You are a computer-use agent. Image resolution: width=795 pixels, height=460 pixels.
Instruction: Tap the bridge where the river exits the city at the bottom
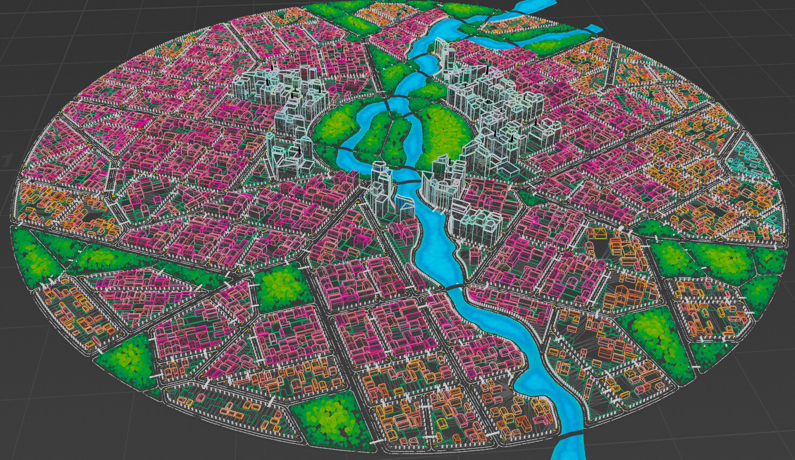click(572, 432)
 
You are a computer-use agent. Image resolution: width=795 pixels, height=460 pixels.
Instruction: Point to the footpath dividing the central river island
click(392, 137)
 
